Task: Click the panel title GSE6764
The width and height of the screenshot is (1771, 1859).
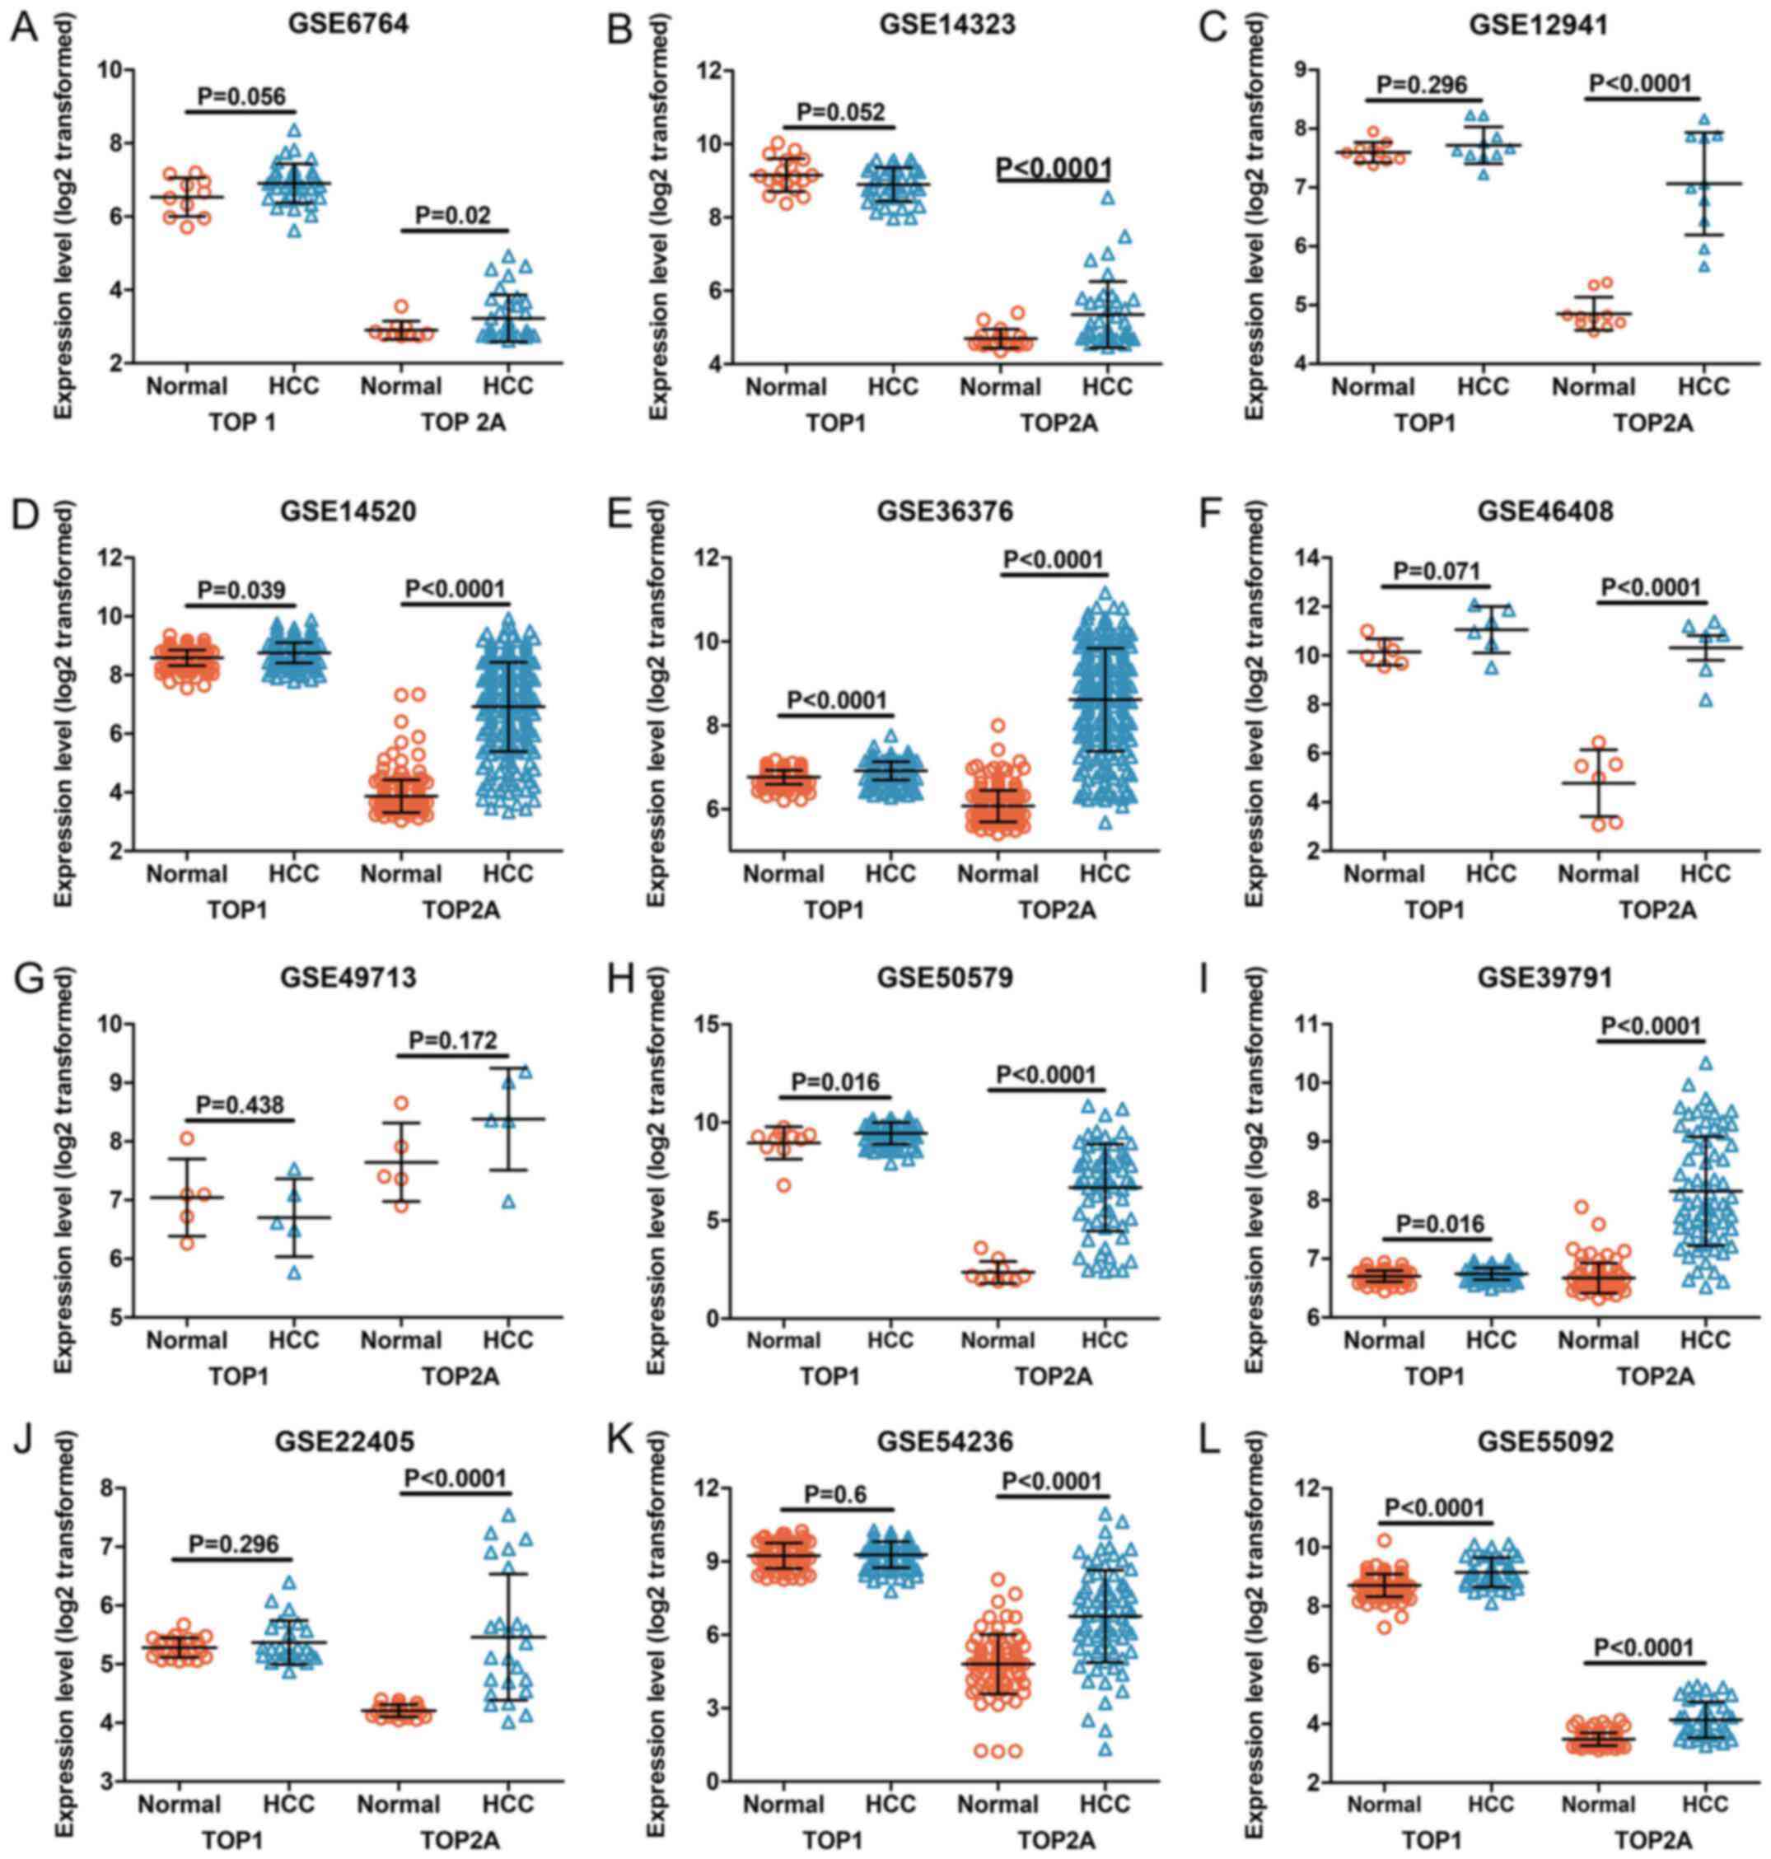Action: pos(348,25)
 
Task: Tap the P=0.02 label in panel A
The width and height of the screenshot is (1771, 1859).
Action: pos(454,214)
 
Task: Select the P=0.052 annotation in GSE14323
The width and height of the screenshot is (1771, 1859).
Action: pos(841,112)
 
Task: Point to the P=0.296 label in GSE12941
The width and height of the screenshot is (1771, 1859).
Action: pos(1423,86)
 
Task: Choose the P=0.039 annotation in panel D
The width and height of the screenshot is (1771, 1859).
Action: pos(241,589)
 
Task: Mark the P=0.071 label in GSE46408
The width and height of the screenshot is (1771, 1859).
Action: pos(1437,570)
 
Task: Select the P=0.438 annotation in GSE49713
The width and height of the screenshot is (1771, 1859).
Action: pos(241,1104)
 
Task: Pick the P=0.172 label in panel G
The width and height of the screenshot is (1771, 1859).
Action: pos(455,1039)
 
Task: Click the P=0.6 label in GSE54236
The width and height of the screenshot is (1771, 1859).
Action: pos(836,1492)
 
